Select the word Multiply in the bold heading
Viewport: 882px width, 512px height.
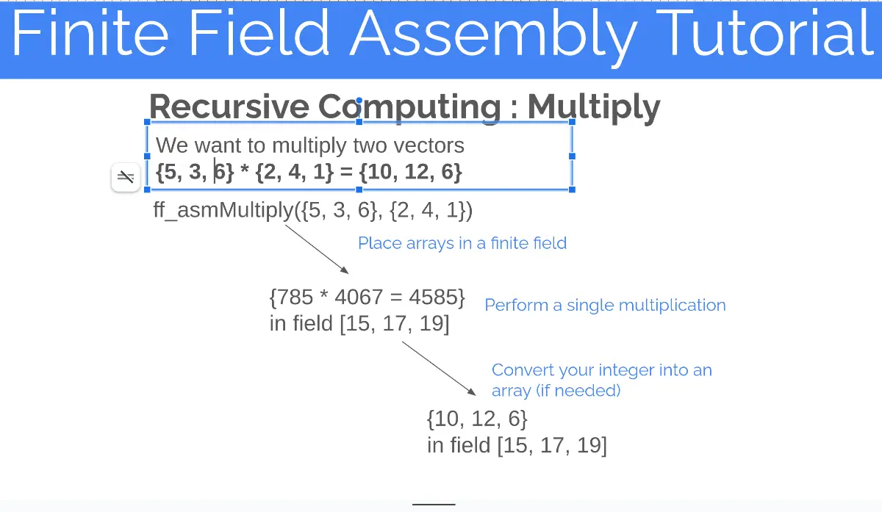(593, 107)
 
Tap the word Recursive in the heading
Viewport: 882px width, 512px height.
(228, 107)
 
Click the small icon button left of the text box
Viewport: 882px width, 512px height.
(126, 177)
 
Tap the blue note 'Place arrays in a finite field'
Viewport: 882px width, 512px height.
(462, 243)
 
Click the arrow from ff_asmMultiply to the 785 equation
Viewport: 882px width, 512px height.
(316, 249)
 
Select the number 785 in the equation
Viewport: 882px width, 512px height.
(294, 298)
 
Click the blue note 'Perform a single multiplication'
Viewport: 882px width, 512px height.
(605, 305)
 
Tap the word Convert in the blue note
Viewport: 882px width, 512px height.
(523, 370)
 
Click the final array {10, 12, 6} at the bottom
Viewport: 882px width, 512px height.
(477, 419)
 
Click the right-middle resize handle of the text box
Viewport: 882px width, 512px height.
(572, 156)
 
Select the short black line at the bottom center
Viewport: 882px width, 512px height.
(434, 504)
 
